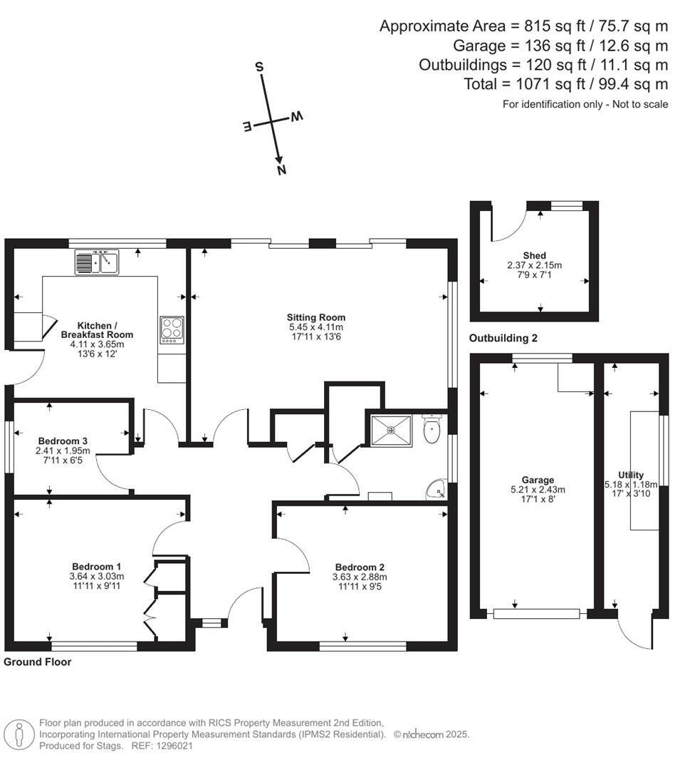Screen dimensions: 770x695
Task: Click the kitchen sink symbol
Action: click(97, 262)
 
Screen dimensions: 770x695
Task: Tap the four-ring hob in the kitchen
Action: click(172, 329)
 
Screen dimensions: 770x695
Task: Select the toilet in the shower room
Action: click(432, 429)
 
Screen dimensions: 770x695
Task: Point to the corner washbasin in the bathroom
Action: click(437, 490)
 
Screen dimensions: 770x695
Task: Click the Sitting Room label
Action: click(315, 317)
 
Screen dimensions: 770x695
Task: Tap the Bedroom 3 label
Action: click(63, 441)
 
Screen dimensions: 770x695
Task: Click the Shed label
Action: click(534, 255)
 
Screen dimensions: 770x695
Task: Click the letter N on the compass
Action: click(281, 170)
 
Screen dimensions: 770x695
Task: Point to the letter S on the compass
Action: click(259, 67)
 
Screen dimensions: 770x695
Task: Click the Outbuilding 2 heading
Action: click(503, 338)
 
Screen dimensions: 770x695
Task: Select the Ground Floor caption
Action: click(37, 662)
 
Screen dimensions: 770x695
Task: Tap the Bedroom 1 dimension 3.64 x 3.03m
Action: click(97, 577)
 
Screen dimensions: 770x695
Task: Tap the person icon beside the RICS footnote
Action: click(19, 734)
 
